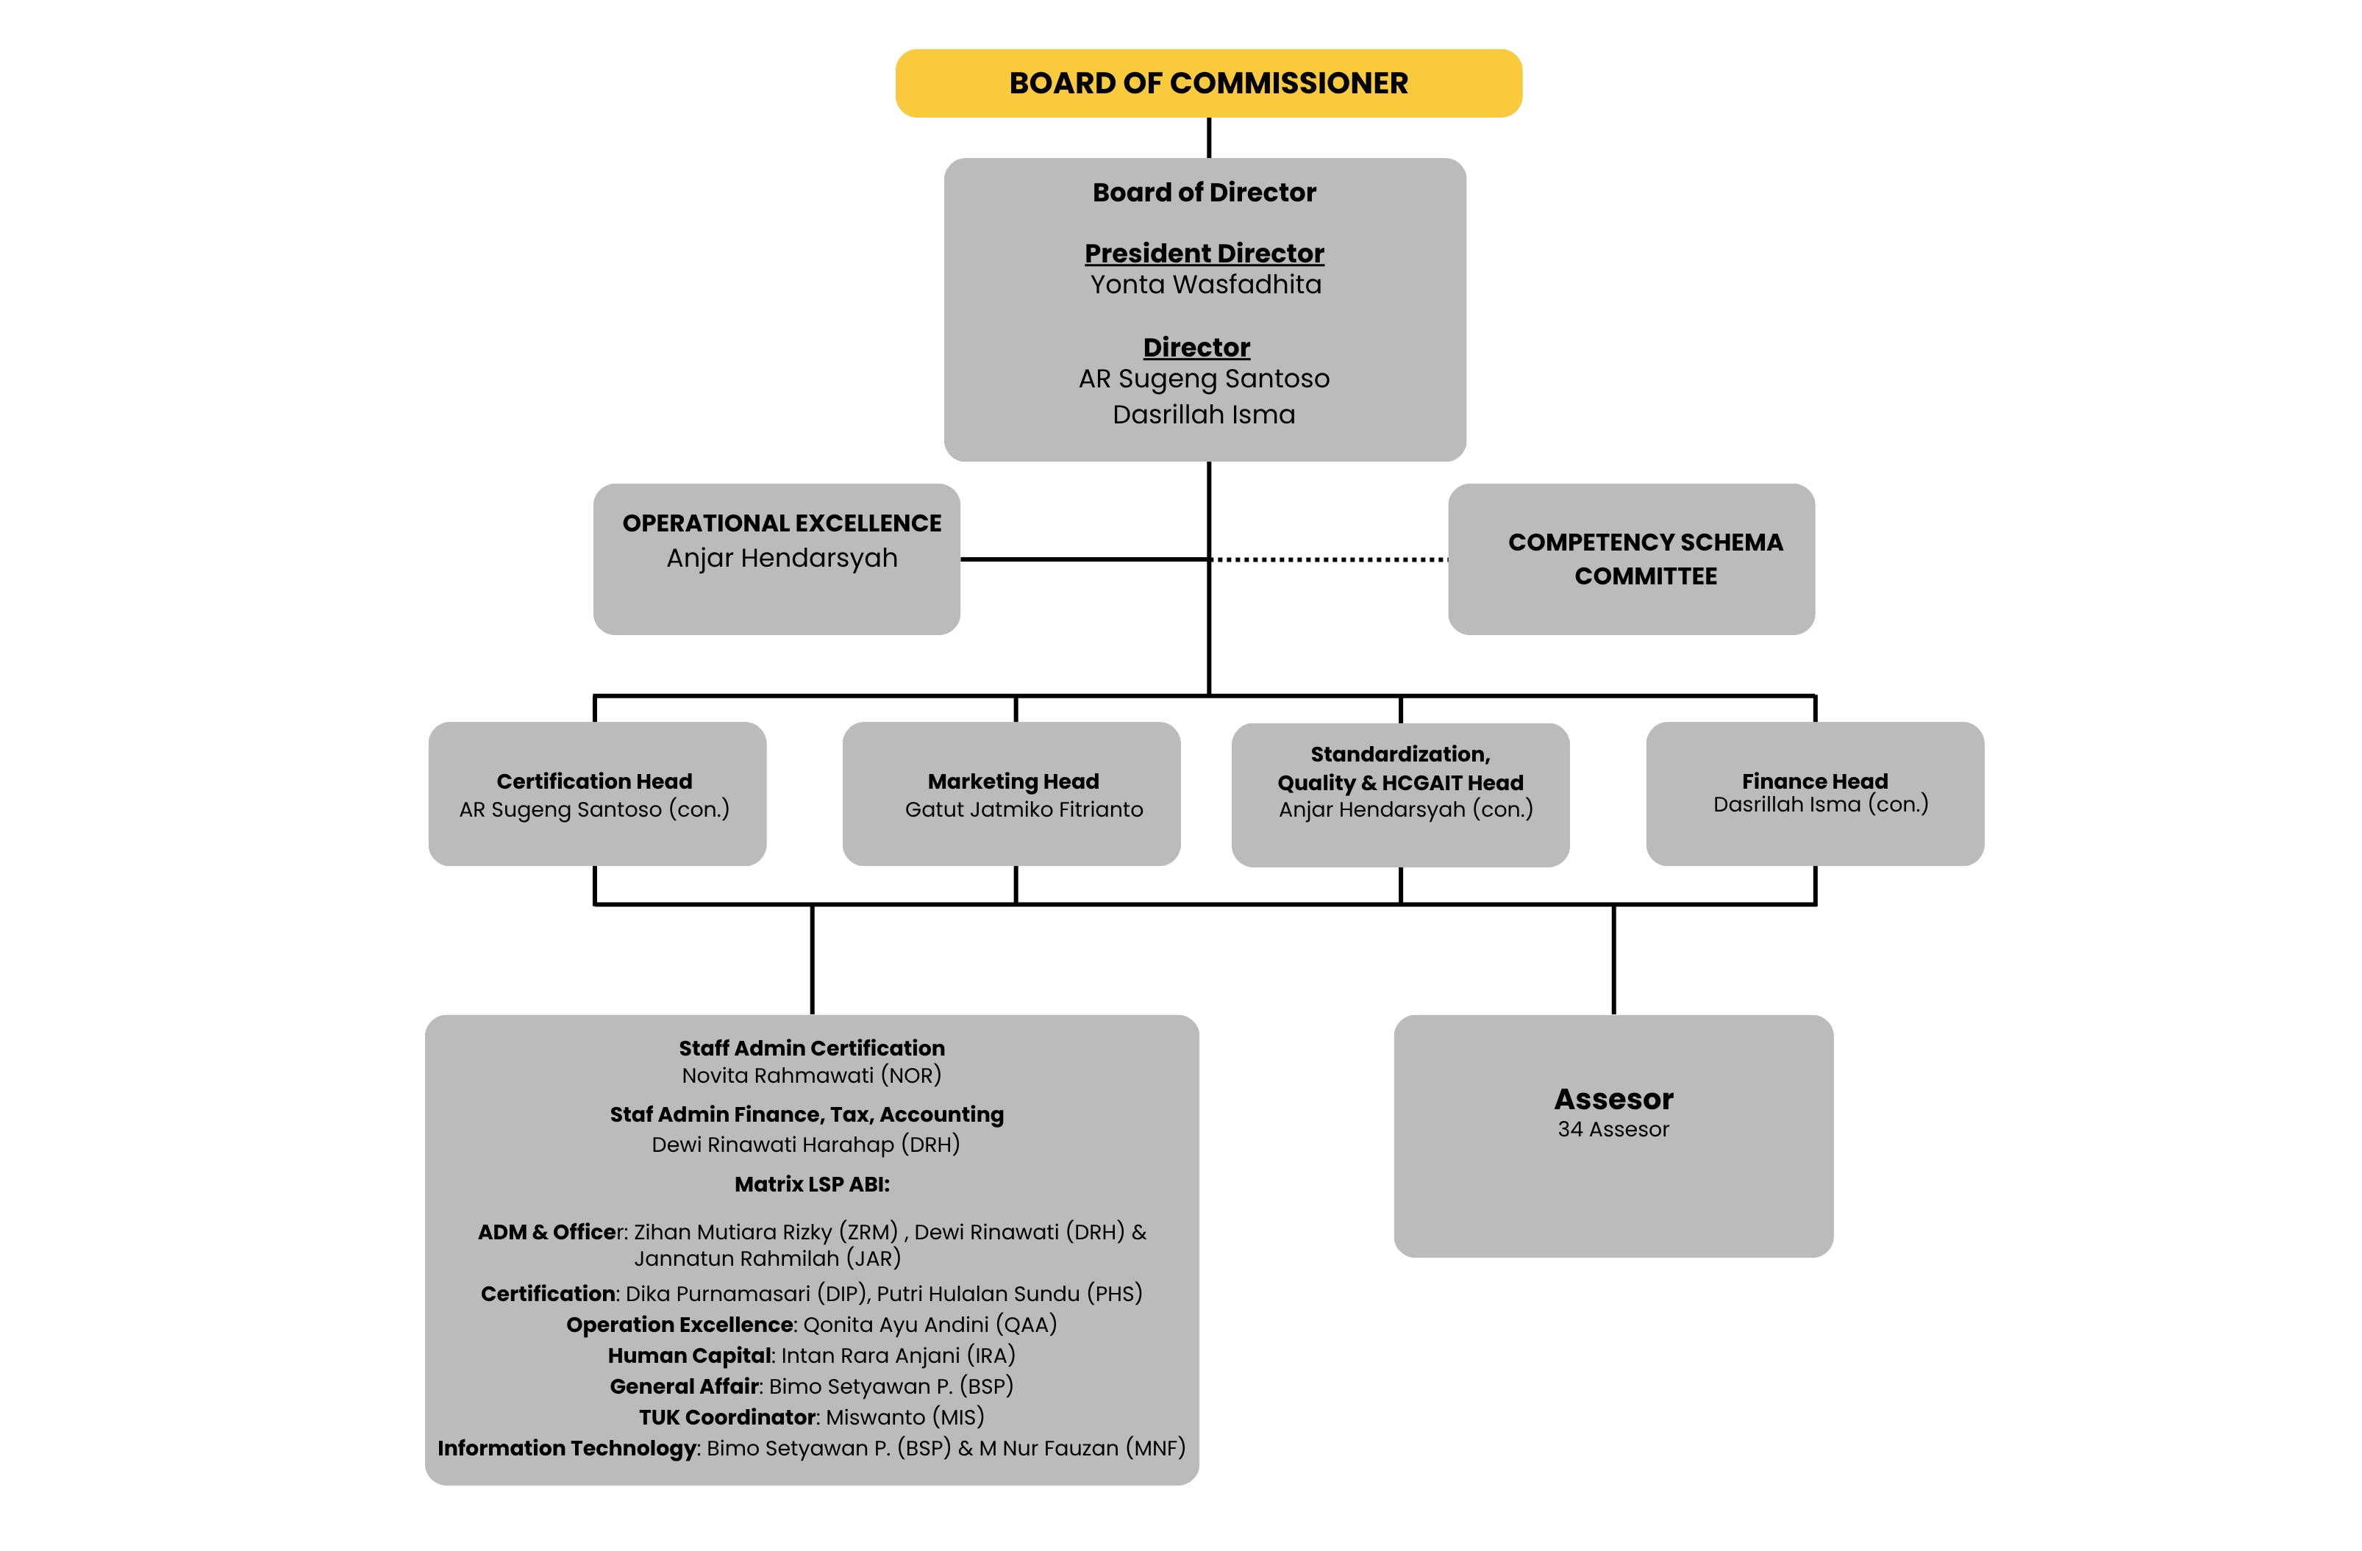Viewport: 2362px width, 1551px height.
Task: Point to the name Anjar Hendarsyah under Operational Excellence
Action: (782, 558)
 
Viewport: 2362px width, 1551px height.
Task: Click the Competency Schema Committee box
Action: (1630, 559)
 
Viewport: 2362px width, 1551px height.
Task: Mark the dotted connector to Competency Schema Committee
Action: (1329, 559)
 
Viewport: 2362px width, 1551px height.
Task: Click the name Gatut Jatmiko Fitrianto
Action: (1023, 810)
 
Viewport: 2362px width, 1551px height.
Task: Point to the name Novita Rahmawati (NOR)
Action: (811, 1075)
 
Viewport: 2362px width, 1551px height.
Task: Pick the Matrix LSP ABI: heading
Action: (812, 1184)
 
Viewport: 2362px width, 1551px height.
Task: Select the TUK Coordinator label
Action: (727, 1417)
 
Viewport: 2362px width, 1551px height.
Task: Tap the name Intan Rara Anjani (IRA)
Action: (897, 1355)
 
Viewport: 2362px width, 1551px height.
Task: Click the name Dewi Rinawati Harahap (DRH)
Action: (805, 1145)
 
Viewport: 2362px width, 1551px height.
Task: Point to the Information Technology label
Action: (567, 1448)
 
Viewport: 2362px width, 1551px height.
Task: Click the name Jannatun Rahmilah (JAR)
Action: (767, 1259)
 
